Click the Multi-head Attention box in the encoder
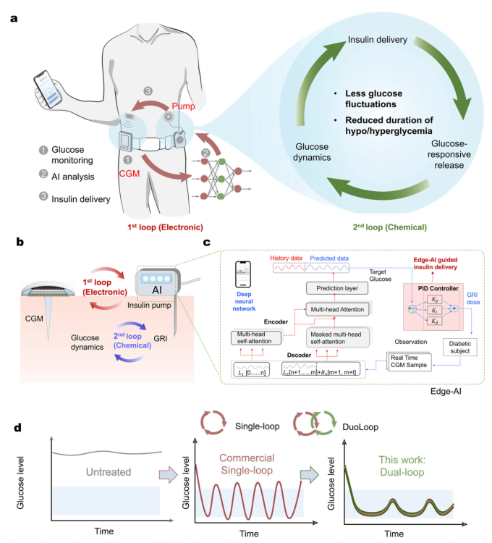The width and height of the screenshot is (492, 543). pos(337,309)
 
